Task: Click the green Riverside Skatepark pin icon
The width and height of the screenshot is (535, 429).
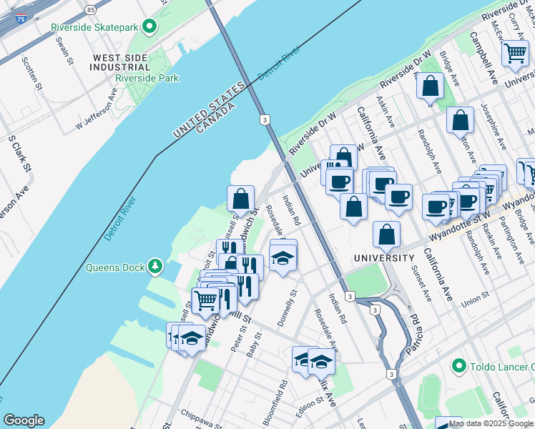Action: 149,28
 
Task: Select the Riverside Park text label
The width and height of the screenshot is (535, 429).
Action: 147,78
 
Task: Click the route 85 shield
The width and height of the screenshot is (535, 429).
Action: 89,10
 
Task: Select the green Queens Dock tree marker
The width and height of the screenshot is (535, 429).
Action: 154,267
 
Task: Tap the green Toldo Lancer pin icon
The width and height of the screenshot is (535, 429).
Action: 459,367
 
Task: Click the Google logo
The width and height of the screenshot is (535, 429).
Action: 24,420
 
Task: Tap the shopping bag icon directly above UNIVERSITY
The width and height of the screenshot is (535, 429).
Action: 386,235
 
